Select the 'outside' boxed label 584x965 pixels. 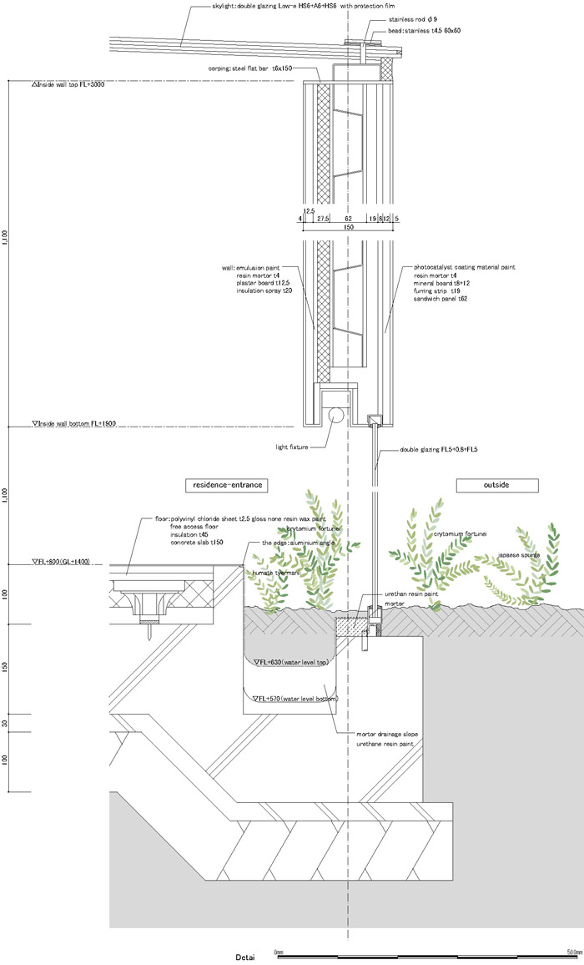(496, 484)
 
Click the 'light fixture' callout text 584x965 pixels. (291, 447)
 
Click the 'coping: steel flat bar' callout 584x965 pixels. (250, 68)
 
